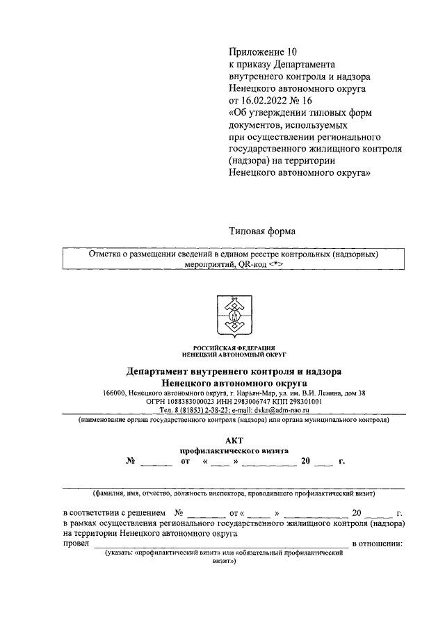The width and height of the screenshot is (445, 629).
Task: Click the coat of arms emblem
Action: pos(234,317)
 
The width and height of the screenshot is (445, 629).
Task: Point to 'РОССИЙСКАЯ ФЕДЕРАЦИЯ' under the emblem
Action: pos(234,347)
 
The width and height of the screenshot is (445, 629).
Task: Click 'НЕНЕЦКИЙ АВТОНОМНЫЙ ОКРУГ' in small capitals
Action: pos(234,353)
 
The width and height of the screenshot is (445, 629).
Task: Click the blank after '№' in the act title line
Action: pos(156,461)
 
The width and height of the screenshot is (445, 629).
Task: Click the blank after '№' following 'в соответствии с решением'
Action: pos(202,514)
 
